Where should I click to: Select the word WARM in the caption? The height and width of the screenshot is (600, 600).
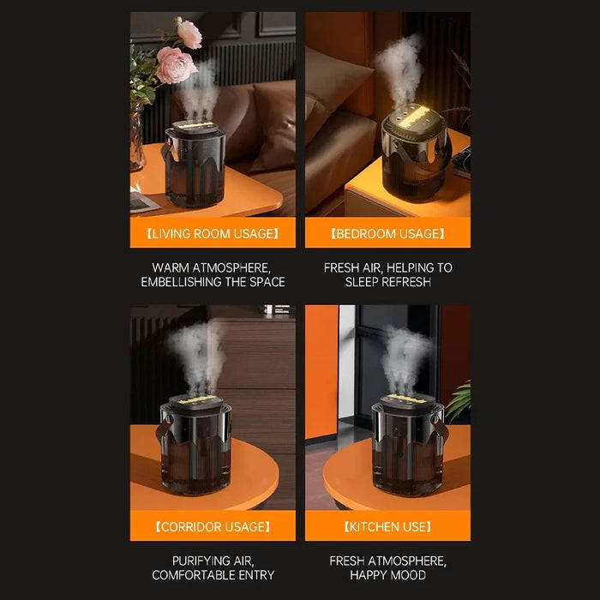pos(171,267)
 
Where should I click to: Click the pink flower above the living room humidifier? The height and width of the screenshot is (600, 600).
pos(176,63)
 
